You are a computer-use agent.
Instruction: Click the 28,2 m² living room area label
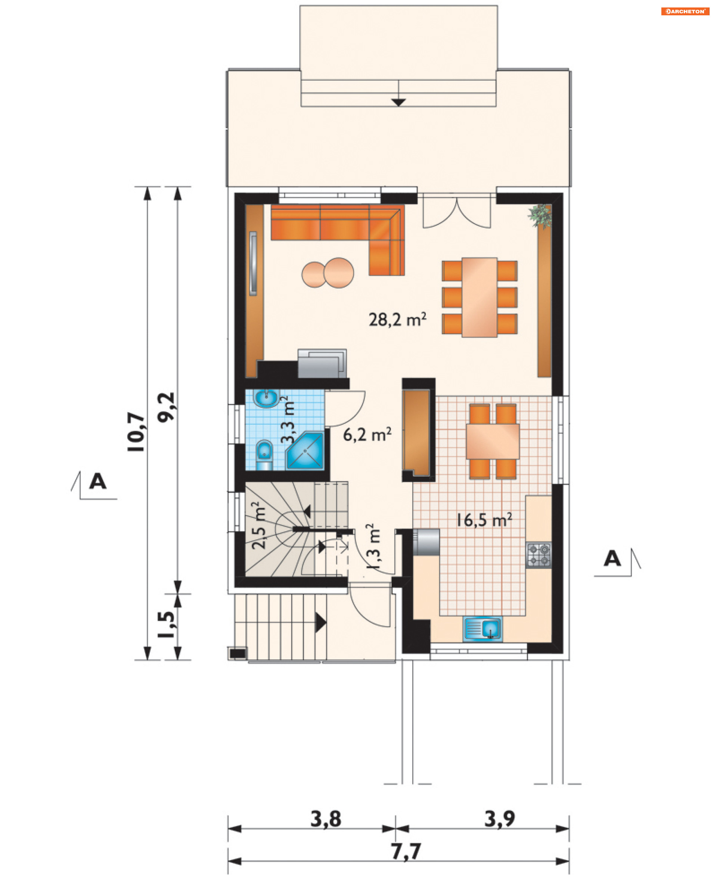[397, 320]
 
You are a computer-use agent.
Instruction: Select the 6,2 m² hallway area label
[367, 434]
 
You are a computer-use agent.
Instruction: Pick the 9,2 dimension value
[166, 407]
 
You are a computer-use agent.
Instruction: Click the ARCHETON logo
[685, 11]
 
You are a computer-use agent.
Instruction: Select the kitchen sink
[482, 628]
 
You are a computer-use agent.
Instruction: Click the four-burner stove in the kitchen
[539, 555]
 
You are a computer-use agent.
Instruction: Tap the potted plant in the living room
[540, 216]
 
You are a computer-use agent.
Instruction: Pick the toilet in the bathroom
[264, 455]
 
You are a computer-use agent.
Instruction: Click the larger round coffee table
[339, 273]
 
